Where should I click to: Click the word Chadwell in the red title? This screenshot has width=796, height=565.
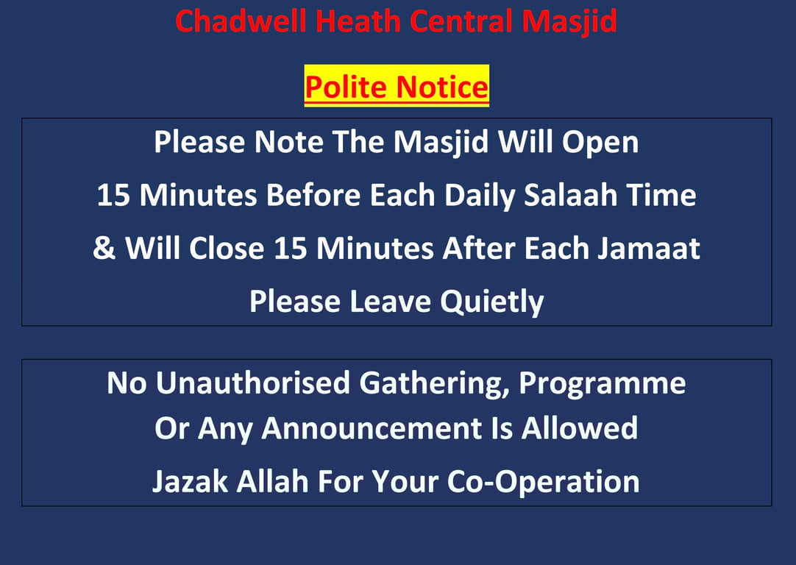click(x=241, y=21)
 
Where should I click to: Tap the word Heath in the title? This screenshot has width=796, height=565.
click(x=358, y=21)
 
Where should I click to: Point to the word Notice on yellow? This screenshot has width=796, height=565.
click(x=441, y=87)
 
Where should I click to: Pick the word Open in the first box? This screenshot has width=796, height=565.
click(x=600, y=143)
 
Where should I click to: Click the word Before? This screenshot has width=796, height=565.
click(x=313, y=196)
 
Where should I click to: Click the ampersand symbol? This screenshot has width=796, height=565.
click(x=104, y=249)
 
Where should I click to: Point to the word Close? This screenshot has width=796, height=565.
click(x=227, y=249)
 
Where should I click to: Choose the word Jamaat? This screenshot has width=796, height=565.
click(x=648, y=249)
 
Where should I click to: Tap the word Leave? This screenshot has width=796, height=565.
click(x=390, y=302)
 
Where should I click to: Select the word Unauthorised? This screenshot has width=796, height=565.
click(x=253, y=383)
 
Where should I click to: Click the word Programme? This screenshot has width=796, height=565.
click(x=602, y=384)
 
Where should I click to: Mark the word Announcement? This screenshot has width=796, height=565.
click(x=371, y=428)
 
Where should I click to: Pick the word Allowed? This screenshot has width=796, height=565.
click(x=579, y=428)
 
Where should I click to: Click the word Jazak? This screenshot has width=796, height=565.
click(x=190, y=481)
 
